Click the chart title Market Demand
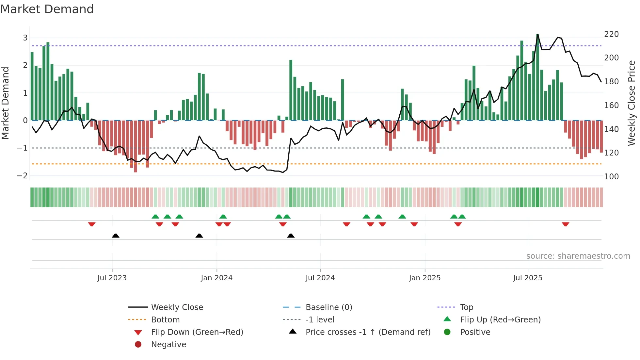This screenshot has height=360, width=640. (47, 9)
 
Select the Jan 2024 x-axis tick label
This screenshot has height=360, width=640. (216, 278)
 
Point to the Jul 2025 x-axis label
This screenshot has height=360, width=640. (527, 278)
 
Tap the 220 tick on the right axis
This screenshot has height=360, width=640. (611, 34)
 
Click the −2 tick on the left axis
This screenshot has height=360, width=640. (22, 176)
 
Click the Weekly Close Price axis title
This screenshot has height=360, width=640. (632, 103)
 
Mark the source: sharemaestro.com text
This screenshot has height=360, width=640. (578, 256)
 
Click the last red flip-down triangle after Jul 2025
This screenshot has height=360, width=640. (566, 224)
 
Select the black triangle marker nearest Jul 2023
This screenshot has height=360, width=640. (116, 236)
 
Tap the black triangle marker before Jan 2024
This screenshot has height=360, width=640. (199, 236)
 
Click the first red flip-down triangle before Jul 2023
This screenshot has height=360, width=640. (92, 224)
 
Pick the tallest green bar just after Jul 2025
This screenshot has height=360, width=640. (537, 77)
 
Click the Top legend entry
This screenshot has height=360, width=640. (466, 307)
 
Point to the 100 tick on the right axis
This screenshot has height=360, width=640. (611, 177)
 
